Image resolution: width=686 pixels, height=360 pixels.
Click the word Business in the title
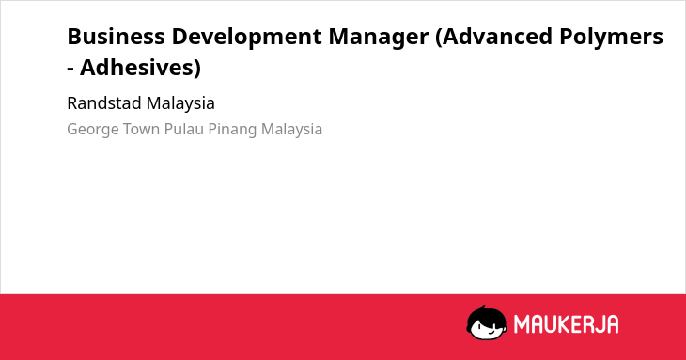tap(116, 37)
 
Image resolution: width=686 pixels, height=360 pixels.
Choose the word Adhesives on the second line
tap(137, 68)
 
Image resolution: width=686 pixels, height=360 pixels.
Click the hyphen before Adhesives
tap(70, 70)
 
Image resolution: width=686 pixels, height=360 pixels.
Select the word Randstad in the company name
tap(104, 103)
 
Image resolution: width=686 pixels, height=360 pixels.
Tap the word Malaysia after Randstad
tap(180, 104)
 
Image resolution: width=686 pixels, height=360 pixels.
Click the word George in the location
tap(93, 130)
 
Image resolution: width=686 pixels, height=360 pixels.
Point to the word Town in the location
tap(141, 130)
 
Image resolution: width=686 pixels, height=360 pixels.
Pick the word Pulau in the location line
tap(184, 130)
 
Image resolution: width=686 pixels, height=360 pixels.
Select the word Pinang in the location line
tap(232, 130)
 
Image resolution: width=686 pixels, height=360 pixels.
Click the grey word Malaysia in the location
tap(292, 130)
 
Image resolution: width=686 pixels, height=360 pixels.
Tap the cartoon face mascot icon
tap(487, 322)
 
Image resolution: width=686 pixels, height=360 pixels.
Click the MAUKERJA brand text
tap(566, 324)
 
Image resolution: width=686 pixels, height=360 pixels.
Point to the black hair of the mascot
tap(486, 315)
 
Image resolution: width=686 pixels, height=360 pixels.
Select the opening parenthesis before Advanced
tap(438, 38)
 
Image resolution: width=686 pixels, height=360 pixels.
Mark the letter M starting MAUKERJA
tap(521, 324)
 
